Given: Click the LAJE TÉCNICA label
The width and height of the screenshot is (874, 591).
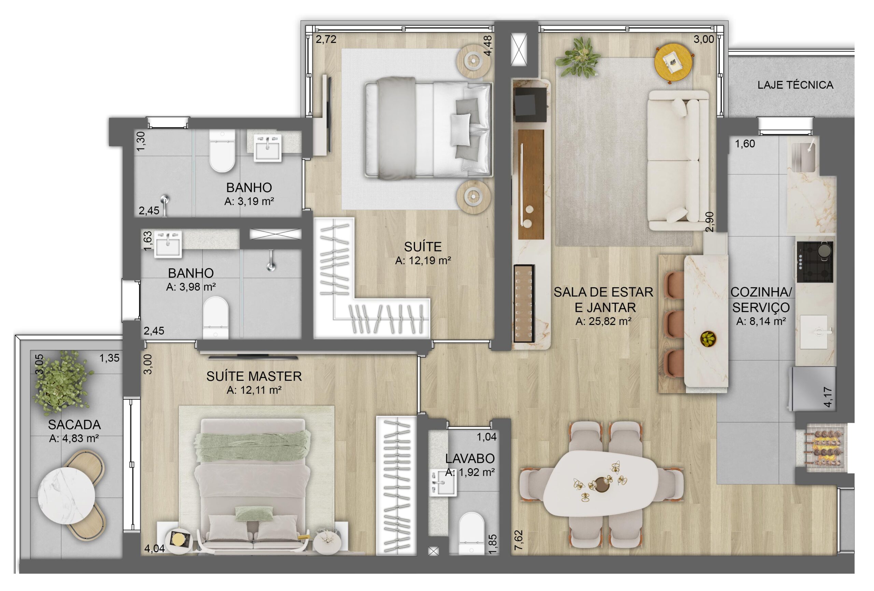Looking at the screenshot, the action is (x=795, y=85).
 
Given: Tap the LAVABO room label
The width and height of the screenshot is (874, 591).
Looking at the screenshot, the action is (x=470, y=458).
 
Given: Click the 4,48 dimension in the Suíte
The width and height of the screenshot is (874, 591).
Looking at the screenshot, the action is (x=488, y=46).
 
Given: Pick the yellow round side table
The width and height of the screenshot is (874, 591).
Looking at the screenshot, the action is (x=674, y=64).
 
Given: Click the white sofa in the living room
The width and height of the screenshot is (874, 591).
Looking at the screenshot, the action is (x=678, y=160).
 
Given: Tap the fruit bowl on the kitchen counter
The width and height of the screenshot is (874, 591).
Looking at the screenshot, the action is (x=708, y=339).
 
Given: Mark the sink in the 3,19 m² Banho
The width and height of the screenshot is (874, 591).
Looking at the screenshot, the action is (x=267, y=148).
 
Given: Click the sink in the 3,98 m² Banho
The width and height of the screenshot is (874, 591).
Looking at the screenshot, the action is (x=168, y=244).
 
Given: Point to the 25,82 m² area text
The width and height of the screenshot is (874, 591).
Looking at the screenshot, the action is (x=604, y=321).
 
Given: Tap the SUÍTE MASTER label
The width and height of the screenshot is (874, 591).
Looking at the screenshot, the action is (x=254, y=376).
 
